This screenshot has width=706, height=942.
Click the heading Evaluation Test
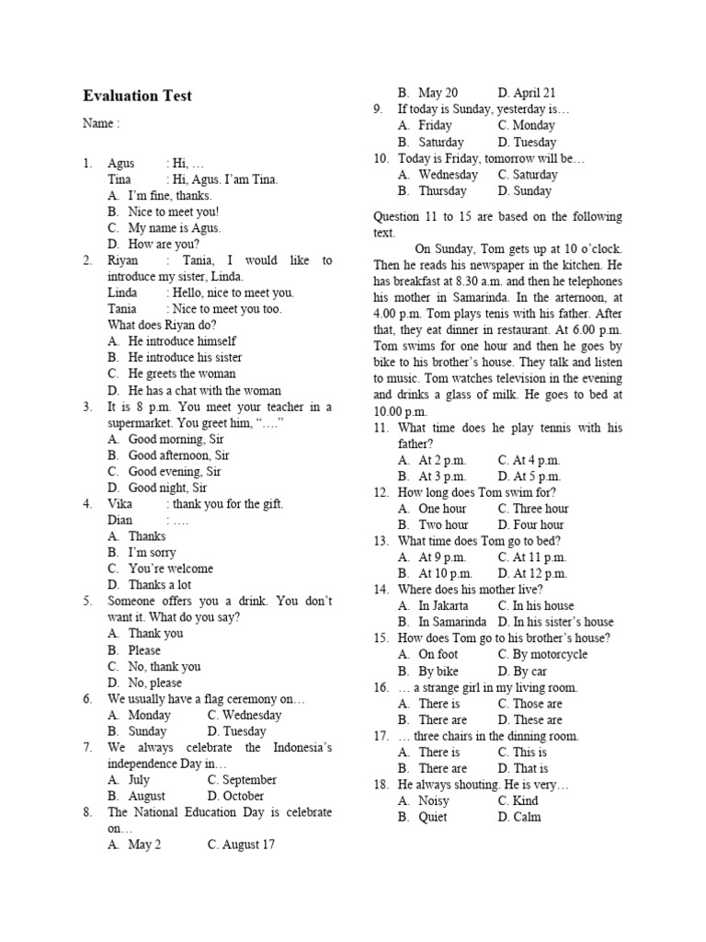click(x=137, y=96)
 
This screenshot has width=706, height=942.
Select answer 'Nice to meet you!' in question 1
click(x=173, y=212)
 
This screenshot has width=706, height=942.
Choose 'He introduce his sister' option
click(x=185, y=357)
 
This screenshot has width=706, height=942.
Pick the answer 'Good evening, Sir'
click(x=175, y=471)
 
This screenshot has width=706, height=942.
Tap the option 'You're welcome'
click(x=170, y=569)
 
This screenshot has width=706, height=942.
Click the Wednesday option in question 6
click(x=245, y=715)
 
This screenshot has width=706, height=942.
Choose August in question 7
click(x=146, y=796)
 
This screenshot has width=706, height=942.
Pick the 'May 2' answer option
click(x=144, y=844)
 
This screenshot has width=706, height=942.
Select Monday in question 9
click(x=527, y=125)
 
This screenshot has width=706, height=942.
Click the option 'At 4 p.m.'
click(x=529, y=460)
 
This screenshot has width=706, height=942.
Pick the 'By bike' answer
click(x=438, y=671)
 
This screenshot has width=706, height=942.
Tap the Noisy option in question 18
click(x=434, y=800)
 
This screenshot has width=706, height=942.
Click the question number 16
click(x=381, y=687)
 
